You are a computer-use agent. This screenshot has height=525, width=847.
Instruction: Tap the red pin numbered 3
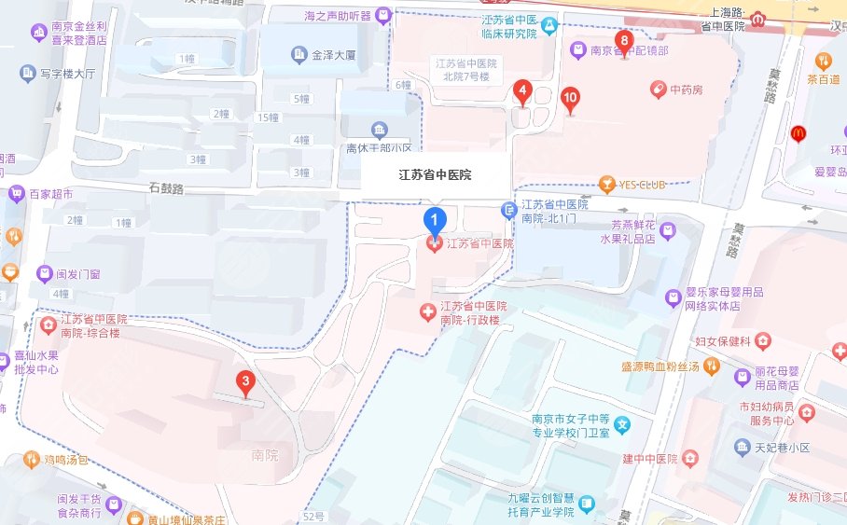pyautogui.click(x=245, y=381)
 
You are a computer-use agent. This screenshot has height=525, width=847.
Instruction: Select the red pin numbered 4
pyautogui.click(x=522, y=92)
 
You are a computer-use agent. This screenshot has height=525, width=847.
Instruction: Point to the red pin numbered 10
pyautogui.click(x=570, y=97)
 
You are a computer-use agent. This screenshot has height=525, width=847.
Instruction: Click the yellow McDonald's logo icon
pyautogui.click(x=798, y=133)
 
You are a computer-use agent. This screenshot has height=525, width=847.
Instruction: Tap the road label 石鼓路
pyautogui.click(x=166, y=188)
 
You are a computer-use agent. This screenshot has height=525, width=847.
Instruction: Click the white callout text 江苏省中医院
pyautogui.click(x=435, y=174)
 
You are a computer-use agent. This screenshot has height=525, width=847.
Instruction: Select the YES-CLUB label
pyautogui.click(x=640, y=185)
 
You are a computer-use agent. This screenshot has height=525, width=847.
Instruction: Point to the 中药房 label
pyautogui.click(x=685, y=90)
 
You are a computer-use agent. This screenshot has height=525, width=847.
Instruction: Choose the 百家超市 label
pyautogui.click(x=50, y=195)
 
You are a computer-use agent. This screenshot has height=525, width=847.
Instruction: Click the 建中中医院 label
pyautogui.click(x=649, y=458)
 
